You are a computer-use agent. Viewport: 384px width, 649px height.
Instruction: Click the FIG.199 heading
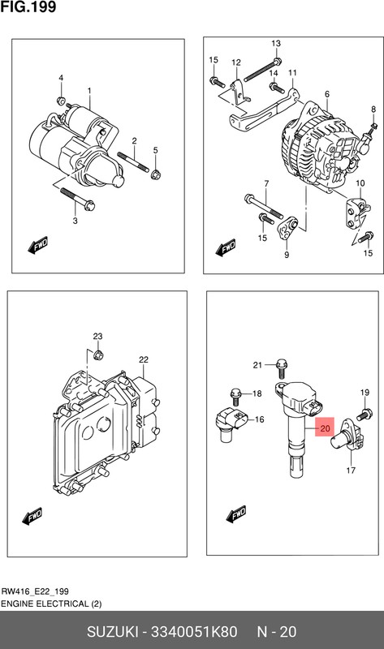click(x=28, y=7)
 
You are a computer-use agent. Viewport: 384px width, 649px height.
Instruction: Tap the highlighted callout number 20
click(x=325, y=428)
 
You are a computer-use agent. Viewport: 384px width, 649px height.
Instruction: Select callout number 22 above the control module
click(x=144, y=359)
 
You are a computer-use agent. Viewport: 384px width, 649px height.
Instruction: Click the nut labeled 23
click(x=98, y=355)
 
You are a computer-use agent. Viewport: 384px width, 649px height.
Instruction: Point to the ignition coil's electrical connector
click(x=313, y=408)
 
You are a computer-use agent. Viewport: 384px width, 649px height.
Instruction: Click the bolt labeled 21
click(x=281, y=367)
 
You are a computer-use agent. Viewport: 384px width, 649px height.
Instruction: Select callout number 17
click(x=351, y=470)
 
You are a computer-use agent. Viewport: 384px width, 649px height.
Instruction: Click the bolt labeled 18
click(x=235, y=396)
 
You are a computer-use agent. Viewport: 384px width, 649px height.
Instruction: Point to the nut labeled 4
click(x=60, y=101)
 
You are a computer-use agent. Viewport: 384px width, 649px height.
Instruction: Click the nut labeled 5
click(x=156, y=174)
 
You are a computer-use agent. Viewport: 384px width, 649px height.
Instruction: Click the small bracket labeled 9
click(x=288, y=230)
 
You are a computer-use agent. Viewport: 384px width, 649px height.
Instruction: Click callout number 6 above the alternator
click(x=327, y=94)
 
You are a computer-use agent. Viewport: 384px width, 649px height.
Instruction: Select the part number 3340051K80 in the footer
click(x=193, y=632)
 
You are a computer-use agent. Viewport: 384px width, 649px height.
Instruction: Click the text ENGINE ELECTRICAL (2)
click(x=51, y=604)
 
